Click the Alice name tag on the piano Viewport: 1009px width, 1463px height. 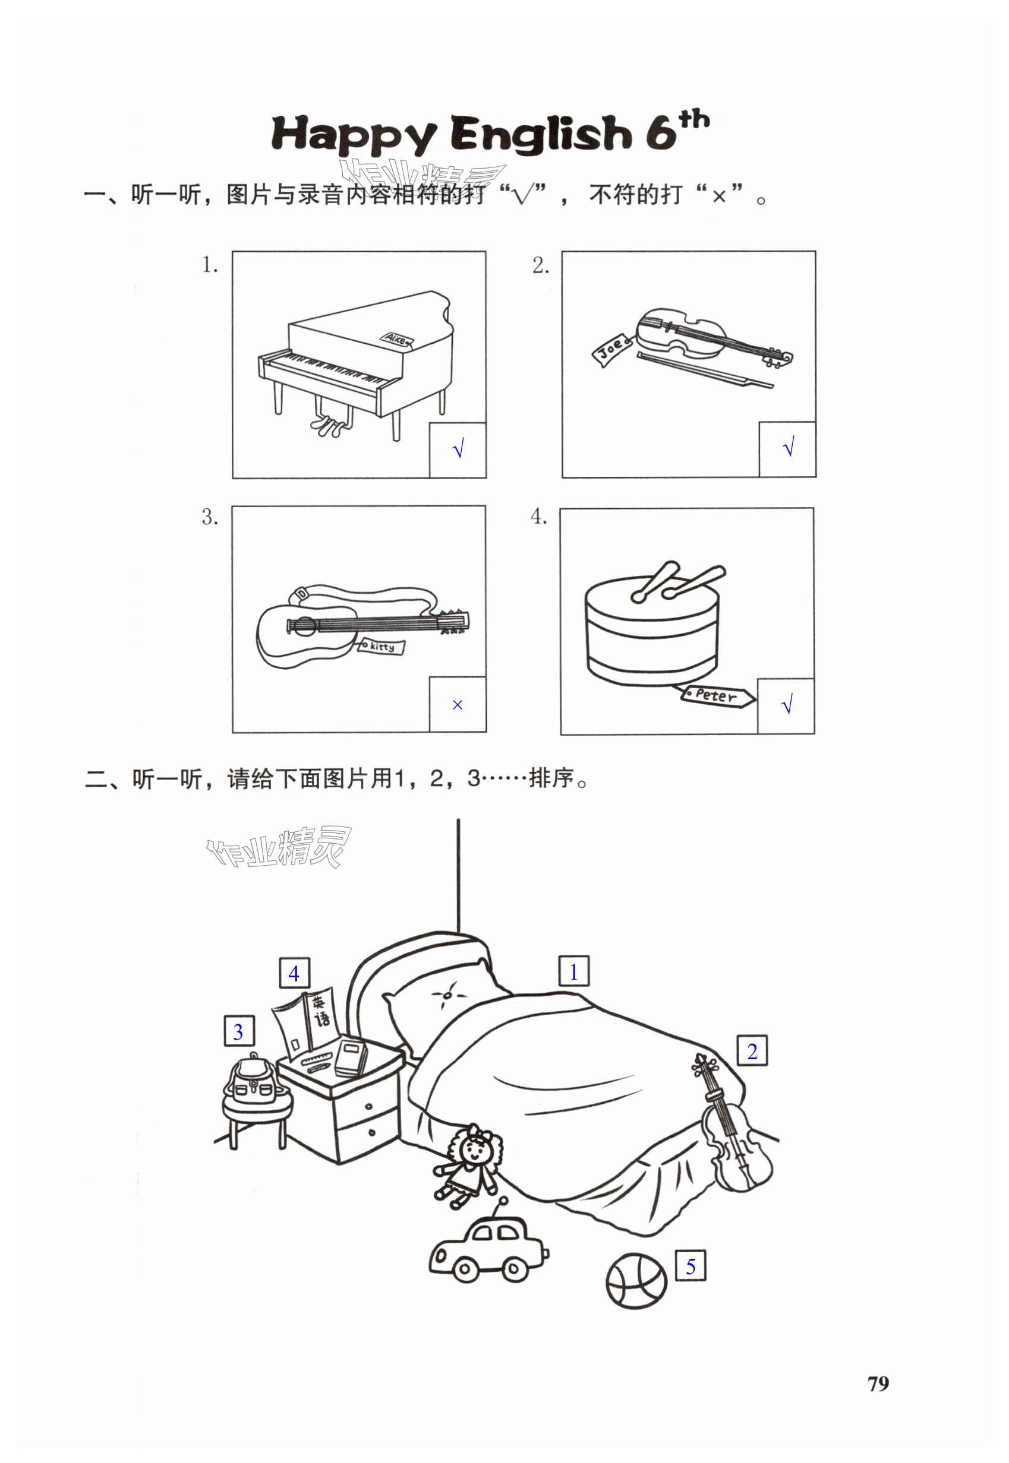coord(396,338)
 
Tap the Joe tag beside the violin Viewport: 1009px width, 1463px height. coord(611,348)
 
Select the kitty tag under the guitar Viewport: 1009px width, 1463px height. coord(382,646)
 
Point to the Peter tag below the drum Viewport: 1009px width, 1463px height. coord(717,695)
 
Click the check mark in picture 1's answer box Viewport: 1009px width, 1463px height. coord(458,449)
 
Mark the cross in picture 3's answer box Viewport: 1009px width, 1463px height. coord(458,705)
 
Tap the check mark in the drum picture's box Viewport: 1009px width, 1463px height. coord(787,705)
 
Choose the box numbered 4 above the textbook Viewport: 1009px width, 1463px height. coord(294,973)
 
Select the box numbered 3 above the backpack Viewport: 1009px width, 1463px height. coord(238,1031)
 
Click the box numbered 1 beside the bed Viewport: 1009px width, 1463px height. coord(573,971)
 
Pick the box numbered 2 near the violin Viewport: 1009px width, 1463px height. coord(752,1051)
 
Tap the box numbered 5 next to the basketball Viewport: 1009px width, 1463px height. coord(690,1266)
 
